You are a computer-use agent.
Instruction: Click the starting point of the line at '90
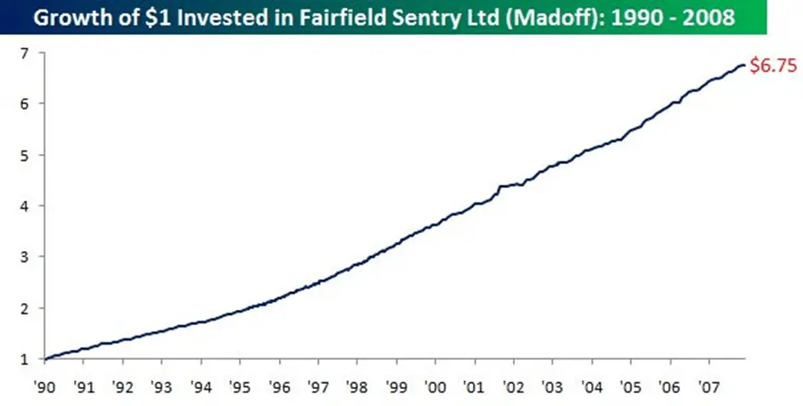click(44, 357)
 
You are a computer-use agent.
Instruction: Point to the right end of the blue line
click(745, 65)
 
